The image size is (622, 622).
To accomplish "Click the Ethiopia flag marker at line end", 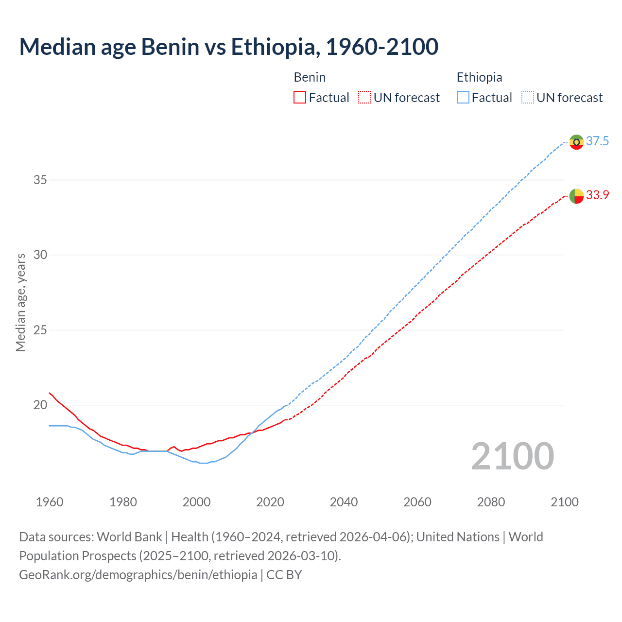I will click(576, 142).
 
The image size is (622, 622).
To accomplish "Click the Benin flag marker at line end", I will click(576, 196).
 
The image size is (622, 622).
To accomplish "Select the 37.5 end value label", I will click(597, 141).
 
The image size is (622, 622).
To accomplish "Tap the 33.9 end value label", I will click(597, 195).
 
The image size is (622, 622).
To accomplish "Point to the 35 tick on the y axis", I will click(40, 180).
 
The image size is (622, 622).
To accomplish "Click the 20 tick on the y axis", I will click(40, 405).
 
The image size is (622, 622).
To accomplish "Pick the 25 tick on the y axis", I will click(40, 330).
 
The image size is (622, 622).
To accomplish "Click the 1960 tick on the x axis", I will click(50, 502).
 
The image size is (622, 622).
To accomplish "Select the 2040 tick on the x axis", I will click(344, 502).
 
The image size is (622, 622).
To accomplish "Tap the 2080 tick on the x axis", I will click(491, 502).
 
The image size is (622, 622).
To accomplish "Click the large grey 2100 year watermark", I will click(512, 456).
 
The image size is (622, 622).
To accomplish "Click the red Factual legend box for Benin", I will click(300, 98).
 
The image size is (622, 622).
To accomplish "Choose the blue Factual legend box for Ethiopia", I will click(463, 98).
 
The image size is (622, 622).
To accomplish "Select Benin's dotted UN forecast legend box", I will click(364, 98).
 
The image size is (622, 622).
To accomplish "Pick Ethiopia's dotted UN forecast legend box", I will click(527, 98).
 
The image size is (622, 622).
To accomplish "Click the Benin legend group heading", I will click(310, 77).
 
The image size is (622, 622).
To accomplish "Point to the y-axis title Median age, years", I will click(20, 302).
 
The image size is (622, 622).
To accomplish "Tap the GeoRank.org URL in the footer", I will click(138, 575).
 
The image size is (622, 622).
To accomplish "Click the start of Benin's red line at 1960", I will click(50, 393).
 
